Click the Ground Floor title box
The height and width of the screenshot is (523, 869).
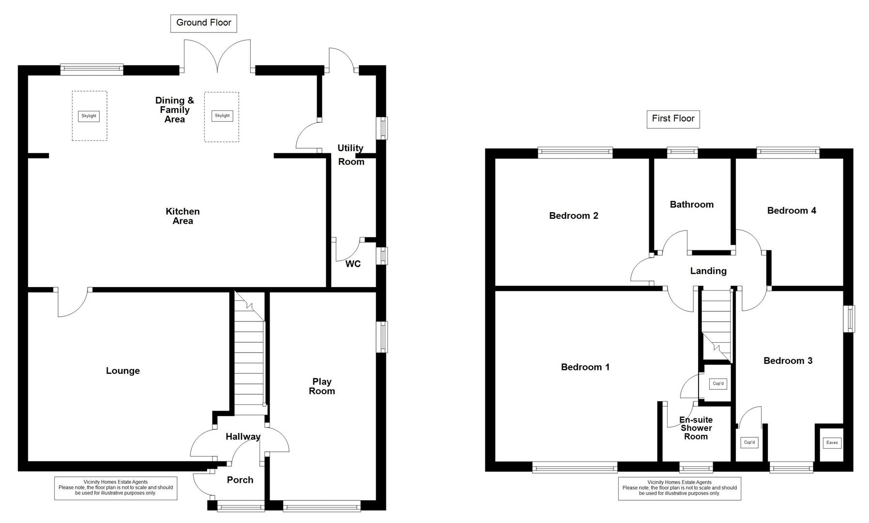(203, 23)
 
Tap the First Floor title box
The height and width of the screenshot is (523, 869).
(672, 119)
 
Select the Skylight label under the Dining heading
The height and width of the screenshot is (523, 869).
(222, 116)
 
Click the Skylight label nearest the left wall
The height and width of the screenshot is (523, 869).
(89, 116)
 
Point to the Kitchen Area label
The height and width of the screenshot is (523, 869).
(183, 216)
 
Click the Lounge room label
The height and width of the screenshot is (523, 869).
(122, 370)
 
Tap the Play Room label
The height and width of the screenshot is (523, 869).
(321, 386)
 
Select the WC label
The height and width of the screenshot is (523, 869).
(352, 264)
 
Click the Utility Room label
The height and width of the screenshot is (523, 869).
(351, 155)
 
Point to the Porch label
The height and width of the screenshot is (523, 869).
(240, 480)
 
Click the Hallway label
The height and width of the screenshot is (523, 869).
(243, 436)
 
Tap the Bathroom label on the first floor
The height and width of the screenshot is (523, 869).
(691, 204)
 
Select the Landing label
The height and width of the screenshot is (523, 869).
(708, 271)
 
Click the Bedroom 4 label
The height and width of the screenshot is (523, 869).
(791, 210)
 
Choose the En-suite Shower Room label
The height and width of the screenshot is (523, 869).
(696, 428)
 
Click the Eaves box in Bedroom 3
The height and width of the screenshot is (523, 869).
(831, 443)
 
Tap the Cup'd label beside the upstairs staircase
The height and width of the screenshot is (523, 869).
(718, 384)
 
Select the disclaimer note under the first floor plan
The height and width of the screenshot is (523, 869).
(679, 488)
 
